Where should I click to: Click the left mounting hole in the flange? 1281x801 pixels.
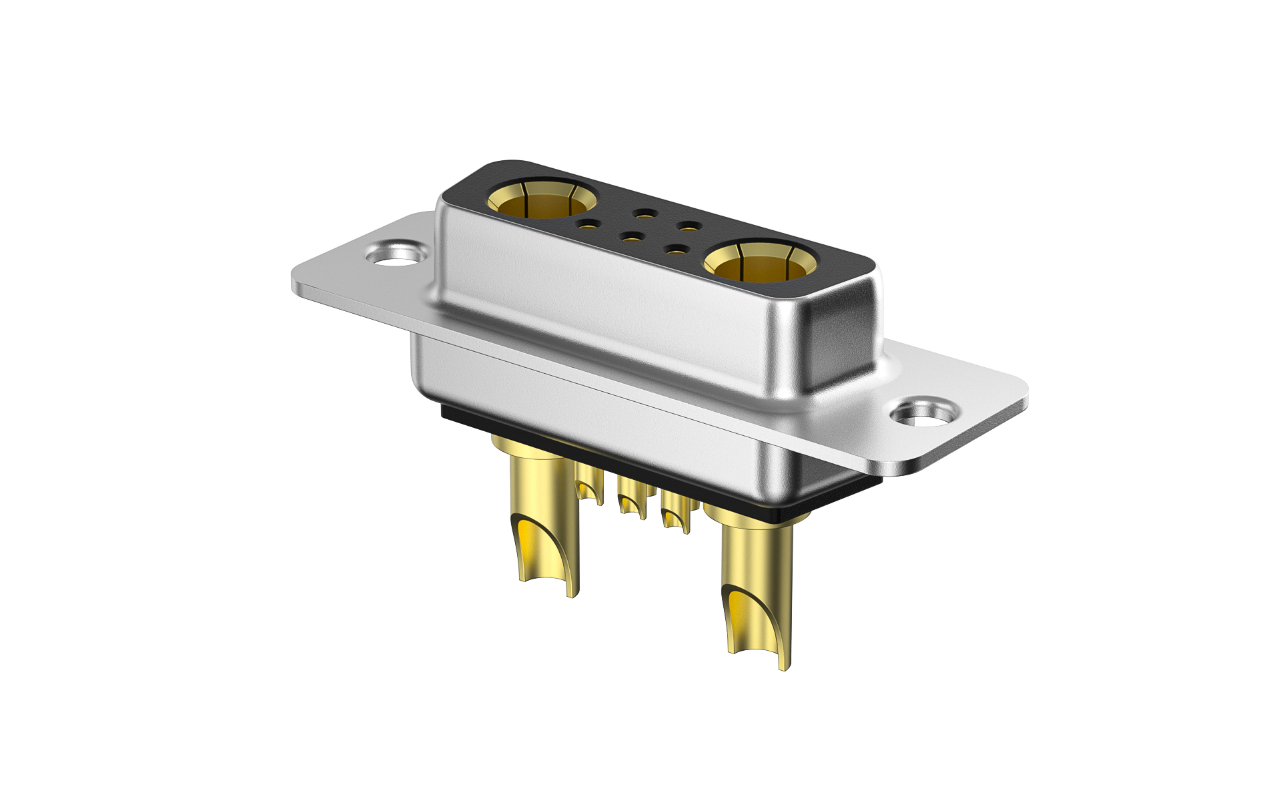(x=396, y=254)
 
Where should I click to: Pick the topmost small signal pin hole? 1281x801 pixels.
(x=644, y=214)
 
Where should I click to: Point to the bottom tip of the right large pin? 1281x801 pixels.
(x=784, y=666)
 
